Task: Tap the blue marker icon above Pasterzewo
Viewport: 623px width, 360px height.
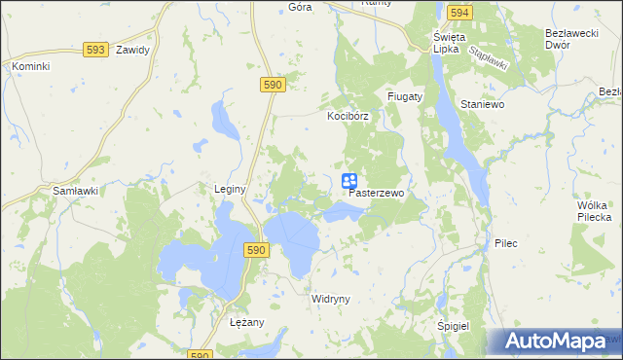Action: pos(349,181)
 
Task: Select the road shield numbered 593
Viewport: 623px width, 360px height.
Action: pos(94,49)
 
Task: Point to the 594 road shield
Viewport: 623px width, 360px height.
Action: pos(460,13)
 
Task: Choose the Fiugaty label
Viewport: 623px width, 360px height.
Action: pos(404,97)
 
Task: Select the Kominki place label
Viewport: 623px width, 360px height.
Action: pos(30,66)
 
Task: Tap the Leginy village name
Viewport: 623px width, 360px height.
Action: pos(230,188)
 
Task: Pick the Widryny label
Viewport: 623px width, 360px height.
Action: pos(330,299)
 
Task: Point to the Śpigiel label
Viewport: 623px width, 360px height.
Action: pos(454,328)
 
